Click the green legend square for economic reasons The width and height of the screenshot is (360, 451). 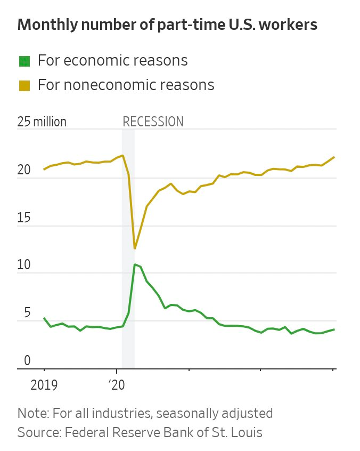pos(24,61)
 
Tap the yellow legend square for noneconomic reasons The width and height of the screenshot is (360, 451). pos(24,85)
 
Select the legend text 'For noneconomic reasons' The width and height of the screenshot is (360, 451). pos(126,85)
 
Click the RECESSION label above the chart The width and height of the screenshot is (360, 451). pos(153,122)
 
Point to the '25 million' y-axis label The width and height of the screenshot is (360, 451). pos(42,122)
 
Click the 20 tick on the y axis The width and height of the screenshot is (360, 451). pos(24,171)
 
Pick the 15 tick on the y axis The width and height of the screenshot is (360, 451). pos(24,218)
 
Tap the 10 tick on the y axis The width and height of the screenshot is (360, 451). pos(24,265)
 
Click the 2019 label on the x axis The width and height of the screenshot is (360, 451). pos(44,385)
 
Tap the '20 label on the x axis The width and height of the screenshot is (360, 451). pos(117,385)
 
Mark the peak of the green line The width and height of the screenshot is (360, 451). pos(135,264)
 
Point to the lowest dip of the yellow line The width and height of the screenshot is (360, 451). pos(135,248)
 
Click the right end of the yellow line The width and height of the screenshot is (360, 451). pos(334,157)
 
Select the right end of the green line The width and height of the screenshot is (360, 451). pos(334,329)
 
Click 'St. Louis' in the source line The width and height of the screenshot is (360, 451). pos(238,432)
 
